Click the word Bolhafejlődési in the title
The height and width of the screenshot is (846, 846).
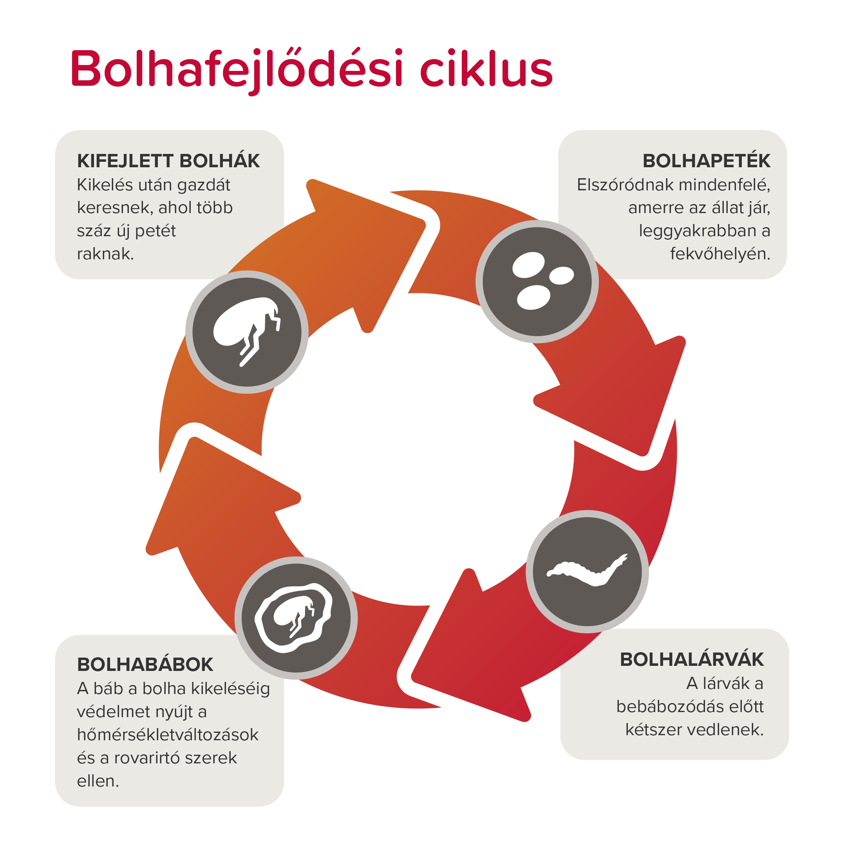pos(237,69)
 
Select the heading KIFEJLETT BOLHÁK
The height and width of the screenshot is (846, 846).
pos(168,161)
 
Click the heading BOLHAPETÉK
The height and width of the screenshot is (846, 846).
pos(706,161)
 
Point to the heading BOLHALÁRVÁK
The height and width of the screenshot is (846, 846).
pos(691,660)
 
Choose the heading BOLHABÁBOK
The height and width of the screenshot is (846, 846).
pos(145,664)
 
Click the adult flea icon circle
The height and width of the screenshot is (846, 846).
pos(247,332)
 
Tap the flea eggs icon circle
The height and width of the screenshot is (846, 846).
pos(537,282)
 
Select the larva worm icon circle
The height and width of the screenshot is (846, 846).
pos(587,571)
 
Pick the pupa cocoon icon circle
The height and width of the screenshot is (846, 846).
pos(296,618)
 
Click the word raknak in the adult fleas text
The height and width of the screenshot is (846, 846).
pos(105,254)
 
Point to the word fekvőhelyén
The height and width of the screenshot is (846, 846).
pos(719,254)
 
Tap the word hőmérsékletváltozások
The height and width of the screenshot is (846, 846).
pos(168,735)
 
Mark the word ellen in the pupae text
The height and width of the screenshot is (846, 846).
pos(97,781)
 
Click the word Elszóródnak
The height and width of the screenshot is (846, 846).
pos(621,185)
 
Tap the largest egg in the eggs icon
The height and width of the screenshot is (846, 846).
pos(528,265)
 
